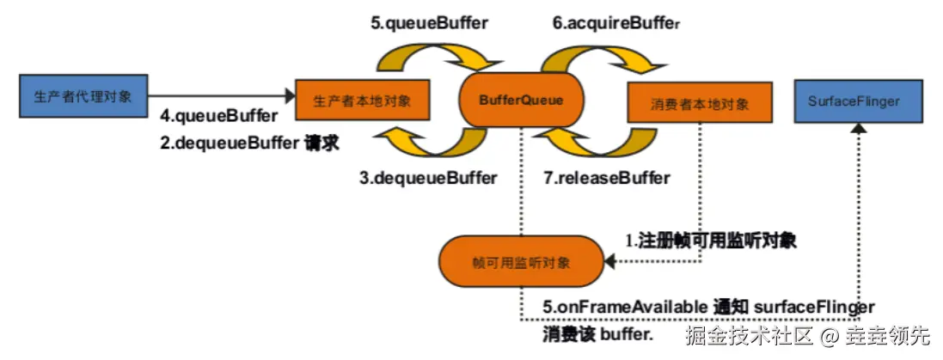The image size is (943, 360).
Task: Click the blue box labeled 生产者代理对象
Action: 83,96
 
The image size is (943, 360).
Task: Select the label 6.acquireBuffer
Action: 616,23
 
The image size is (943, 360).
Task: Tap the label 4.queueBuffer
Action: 218,115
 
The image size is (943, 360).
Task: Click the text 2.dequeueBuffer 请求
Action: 250,143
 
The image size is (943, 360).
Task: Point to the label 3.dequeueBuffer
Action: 428,178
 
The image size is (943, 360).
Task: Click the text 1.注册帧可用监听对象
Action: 709,241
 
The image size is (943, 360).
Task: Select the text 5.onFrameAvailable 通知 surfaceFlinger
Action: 708,307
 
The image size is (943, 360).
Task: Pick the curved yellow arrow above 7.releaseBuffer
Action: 602,143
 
